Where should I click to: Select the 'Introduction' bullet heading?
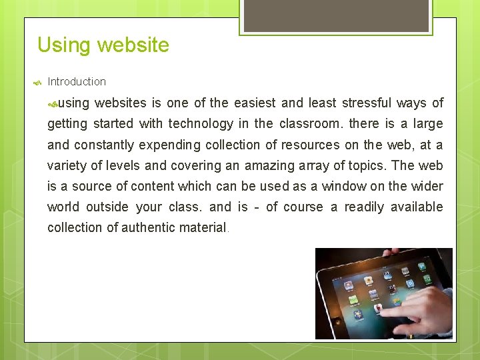coord(77,82)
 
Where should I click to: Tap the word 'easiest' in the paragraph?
coord(254,103)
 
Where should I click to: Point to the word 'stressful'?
coord(366,103)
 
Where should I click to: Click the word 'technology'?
coord(201,124)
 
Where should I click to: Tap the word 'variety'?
coord(65,166)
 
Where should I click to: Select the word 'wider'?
coord(427,187)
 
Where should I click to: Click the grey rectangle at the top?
coord(335,15)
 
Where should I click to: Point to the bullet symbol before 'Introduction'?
coord(37,83)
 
